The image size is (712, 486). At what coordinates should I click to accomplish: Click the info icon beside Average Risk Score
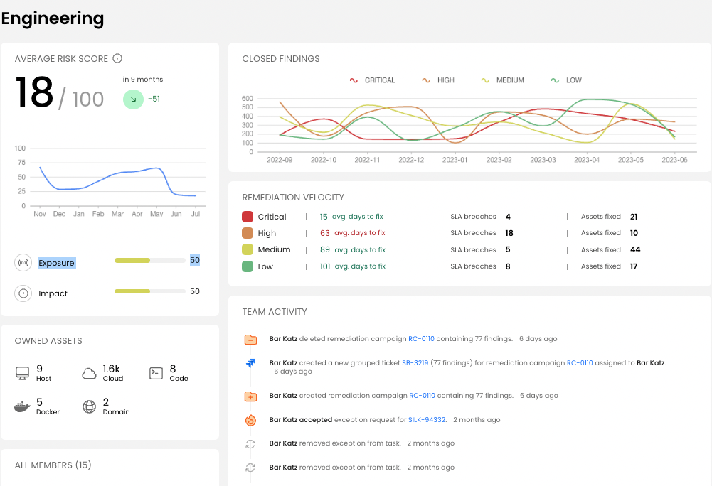pos(118,59)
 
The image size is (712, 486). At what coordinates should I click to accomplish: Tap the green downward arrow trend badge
pos(133,99)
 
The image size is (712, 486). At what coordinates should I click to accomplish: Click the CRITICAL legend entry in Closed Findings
pos(373,80)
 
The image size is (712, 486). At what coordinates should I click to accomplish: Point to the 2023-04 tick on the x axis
pos(586,161)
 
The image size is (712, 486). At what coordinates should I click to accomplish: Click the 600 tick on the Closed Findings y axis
pos(248,99)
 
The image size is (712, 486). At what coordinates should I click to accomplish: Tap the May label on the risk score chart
pos(156,213)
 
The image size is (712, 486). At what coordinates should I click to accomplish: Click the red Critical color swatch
pos(248,217)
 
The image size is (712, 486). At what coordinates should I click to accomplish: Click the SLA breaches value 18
pos(509,233)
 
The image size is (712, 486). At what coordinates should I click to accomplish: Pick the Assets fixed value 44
pos(635,249)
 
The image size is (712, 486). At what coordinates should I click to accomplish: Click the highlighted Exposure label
pos(56,263)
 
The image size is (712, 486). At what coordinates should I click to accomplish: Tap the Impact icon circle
pos(23,293)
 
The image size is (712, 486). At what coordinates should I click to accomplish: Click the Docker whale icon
pos(23,406)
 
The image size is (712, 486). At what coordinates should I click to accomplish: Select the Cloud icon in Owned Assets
pos(90,373)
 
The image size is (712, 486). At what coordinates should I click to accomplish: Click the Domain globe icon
pos(90,406)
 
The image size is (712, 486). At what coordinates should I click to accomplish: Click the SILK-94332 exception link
pos(427,420)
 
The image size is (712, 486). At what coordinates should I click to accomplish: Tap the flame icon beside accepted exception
pos(250,420)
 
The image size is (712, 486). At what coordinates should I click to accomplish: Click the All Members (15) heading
pos(53,465)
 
